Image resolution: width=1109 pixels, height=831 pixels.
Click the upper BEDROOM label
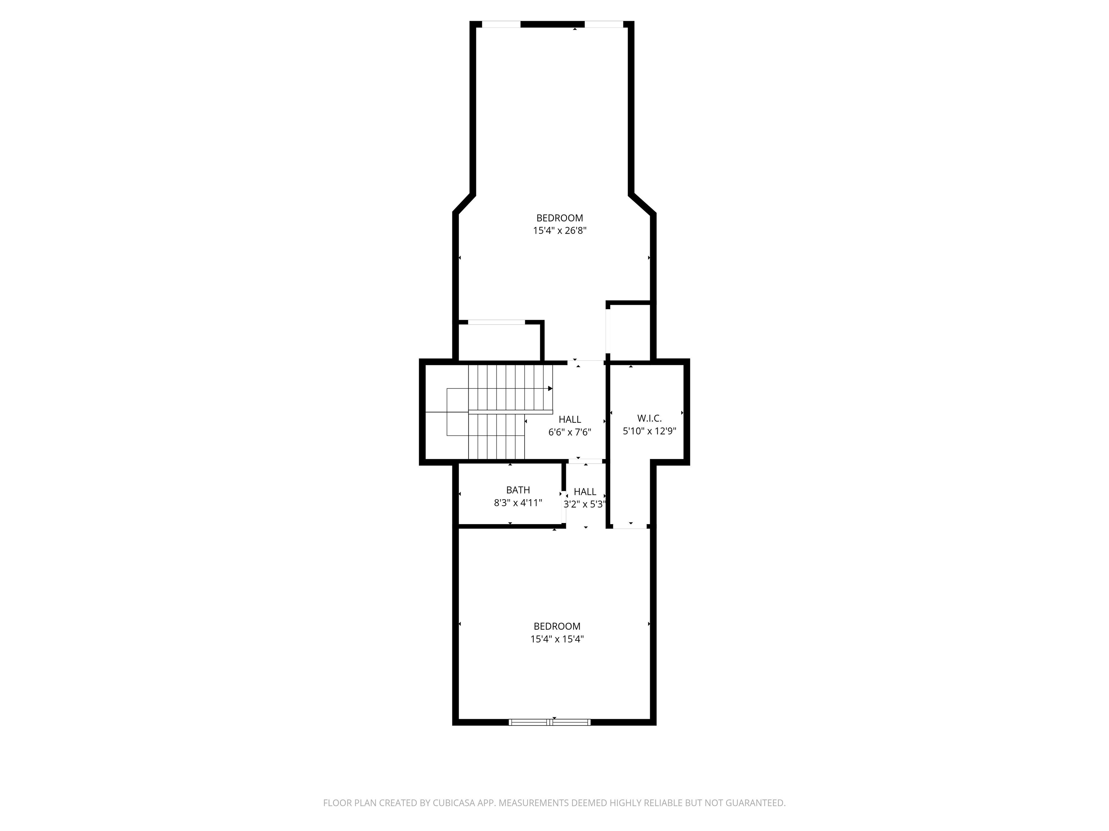pos(560,218)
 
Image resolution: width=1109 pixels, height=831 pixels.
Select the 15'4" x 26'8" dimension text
pos(560,231)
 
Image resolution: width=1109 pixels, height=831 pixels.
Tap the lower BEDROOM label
pos(557,626)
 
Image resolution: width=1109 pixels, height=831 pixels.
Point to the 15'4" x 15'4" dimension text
pos(557,639)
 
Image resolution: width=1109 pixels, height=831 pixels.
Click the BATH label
pos(518,490)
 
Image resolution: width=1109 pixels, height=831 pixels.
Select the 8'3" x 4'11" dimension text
pos(518,503)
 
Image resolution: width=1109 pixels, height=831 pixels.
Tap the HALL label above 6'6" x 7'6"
pos(570,419)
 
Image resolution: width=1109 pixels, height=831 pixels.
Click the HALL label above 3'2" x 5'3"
pos(585,491)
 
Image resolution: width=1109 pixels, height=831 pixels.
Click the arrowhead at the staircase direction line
pos(550,388)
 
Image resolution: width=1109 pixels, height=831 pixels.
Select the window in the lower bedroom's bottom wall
pos(549,722)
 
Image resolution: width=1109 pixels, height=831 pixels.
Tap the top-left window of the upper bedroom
pos(501,24)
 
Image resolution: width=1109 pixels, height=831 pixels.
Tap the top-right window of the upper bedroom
pos(604,24)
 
